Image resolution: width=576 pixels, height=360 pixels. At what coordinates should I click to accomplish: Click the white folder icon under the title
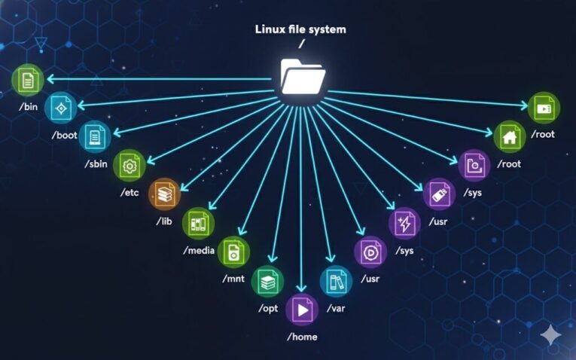tap(303, 75)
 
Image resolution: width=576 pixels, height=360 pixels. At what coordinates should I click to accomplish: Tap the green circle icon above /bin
tap(29, 80)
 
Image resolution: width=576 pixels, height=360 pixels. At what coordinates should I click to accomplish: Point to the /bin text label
tap(28, 107)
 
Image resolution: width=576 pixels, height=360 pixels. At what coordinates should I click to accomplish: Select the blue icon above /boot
tap(61, 108)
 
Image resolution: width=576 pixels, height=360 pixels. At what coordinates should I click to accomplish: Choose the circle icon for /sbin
tap(95, 137)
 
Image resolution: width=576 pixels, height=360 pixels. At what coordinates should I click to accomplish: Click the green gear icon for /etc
tap(129, 165)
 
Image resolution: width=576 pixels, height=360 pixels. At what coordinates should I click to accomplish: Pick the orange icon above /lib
tap(165, 194)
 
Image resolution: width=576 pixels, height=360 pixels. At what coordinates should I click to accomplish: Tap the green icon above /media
tap(199, 223)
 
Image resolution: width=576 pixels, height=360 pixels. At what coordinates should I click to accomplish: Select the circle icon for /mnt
tap(233, 252)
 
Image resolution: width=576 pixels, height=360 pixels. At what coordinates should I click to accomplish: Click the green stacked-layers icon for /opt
tap(267, 282)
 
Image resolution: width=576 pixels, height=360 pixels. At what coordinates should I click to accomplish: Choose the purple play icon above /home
tap(302, 310)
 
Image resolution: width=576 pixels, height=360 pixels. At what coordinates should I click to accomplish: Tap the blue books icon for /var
tap(336, 282)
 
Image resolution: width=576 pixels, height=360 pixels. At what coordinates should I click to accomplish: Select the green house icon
tap(510, 137)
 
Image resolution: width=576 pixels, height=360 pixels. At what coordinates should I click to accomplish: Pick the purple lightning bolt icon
tap(405, 223)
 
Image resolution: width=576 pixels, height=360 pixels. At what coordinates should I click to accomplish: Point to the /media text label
tap(199, 250)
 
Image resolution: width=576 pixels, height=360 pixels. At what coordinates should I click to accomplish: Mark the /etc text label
tap(130, 193)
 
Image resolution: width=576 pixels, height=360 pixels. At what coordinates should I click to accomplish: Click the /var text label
tap(336, 309)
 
